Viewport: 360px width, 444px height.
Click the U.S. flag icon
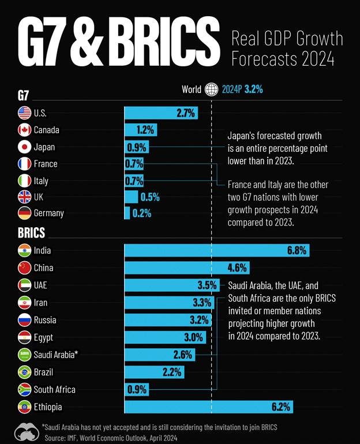pyautogui.click(x=24, y=113)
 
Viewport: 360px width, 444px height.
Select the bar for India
pyautogui.click(x=217, y=250)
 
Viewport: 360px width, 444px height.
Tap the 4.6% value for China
pyautogui.click(x=237, y=268)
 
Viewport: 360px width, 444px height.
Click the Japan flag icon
pyautogui.click(x=24, y=146)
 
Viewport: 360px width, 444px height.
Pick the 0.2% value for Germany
pyautogui.click(x=141, y=213)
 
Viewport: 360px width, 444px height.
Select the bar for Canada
pyautogui.click(x=140, y=130)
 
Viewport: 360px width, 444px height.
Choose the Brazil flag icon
pyautogui.click(x=24, y=372)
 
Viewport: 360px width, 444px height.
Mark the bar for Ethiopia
pyautogui.click(x=208, y=407)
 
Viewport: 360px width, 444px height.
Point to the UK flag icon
pyautogui.click(x=24, y=197)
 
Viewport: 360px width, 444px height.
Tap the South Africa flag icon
pyautogui.click(x=24, y=389)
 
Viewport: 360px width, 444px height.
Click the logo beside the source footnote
pyautogui.click(x=25, y=432)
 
